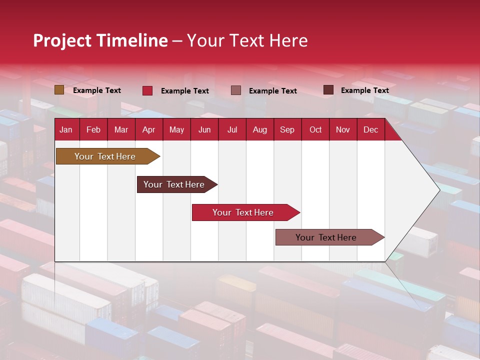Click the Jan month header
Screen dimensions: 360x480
click(x=66, y=129)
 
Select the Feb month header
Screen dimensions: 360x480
click(x=93, y=129)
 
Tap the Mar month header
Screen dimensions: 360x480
click(x=121, y=129)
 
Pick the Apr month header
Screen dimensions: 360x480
click(x=149, y=129)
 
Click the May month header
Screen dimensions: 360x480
click(x=176, y=129)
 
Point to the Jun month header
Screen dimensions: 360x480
click(x=204, y=129)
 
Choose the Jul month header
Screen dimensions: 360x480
click(x=232, y=129)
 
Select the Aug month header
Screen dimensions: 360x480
click(x=260, y=129)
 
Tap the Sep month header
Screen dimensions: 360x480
click(x=287, y=129)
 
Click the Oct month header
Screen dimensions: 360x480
click(x=315, y=129)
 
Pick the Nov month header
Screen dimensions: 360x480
click(x=343, y=129)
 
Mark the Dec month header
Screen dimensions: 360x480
click(x=371, y=129)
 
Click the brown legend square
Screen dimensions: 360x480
click(x=59, y=90)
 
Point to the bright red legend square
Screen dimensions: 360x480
click(x=147, y=90)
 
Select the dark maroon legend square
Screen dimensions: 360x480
click(x=328, y=90)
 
